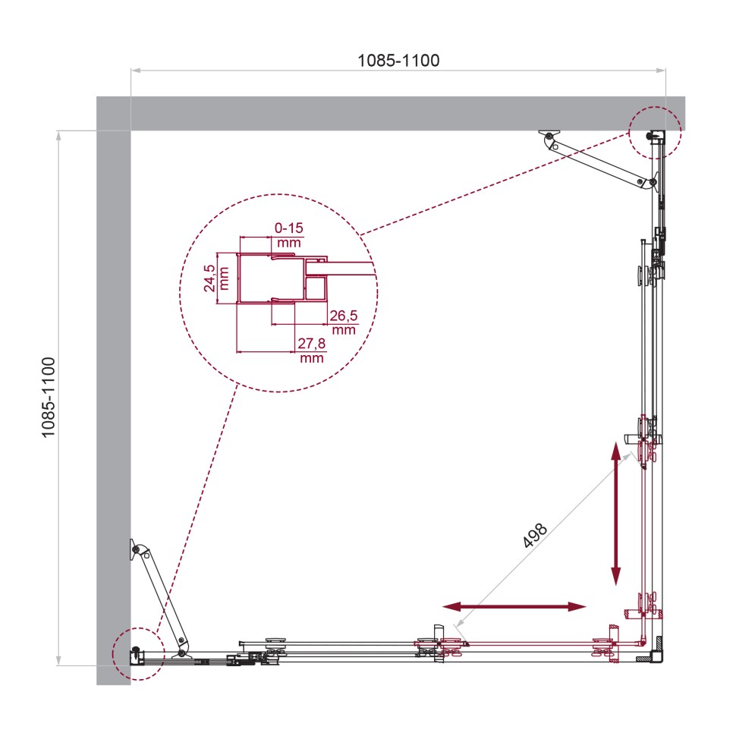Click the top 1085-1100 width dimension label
398,60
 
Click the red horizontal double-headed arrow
514,606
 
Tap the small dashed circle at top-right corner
655,132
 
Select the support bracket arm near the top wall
599,160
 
